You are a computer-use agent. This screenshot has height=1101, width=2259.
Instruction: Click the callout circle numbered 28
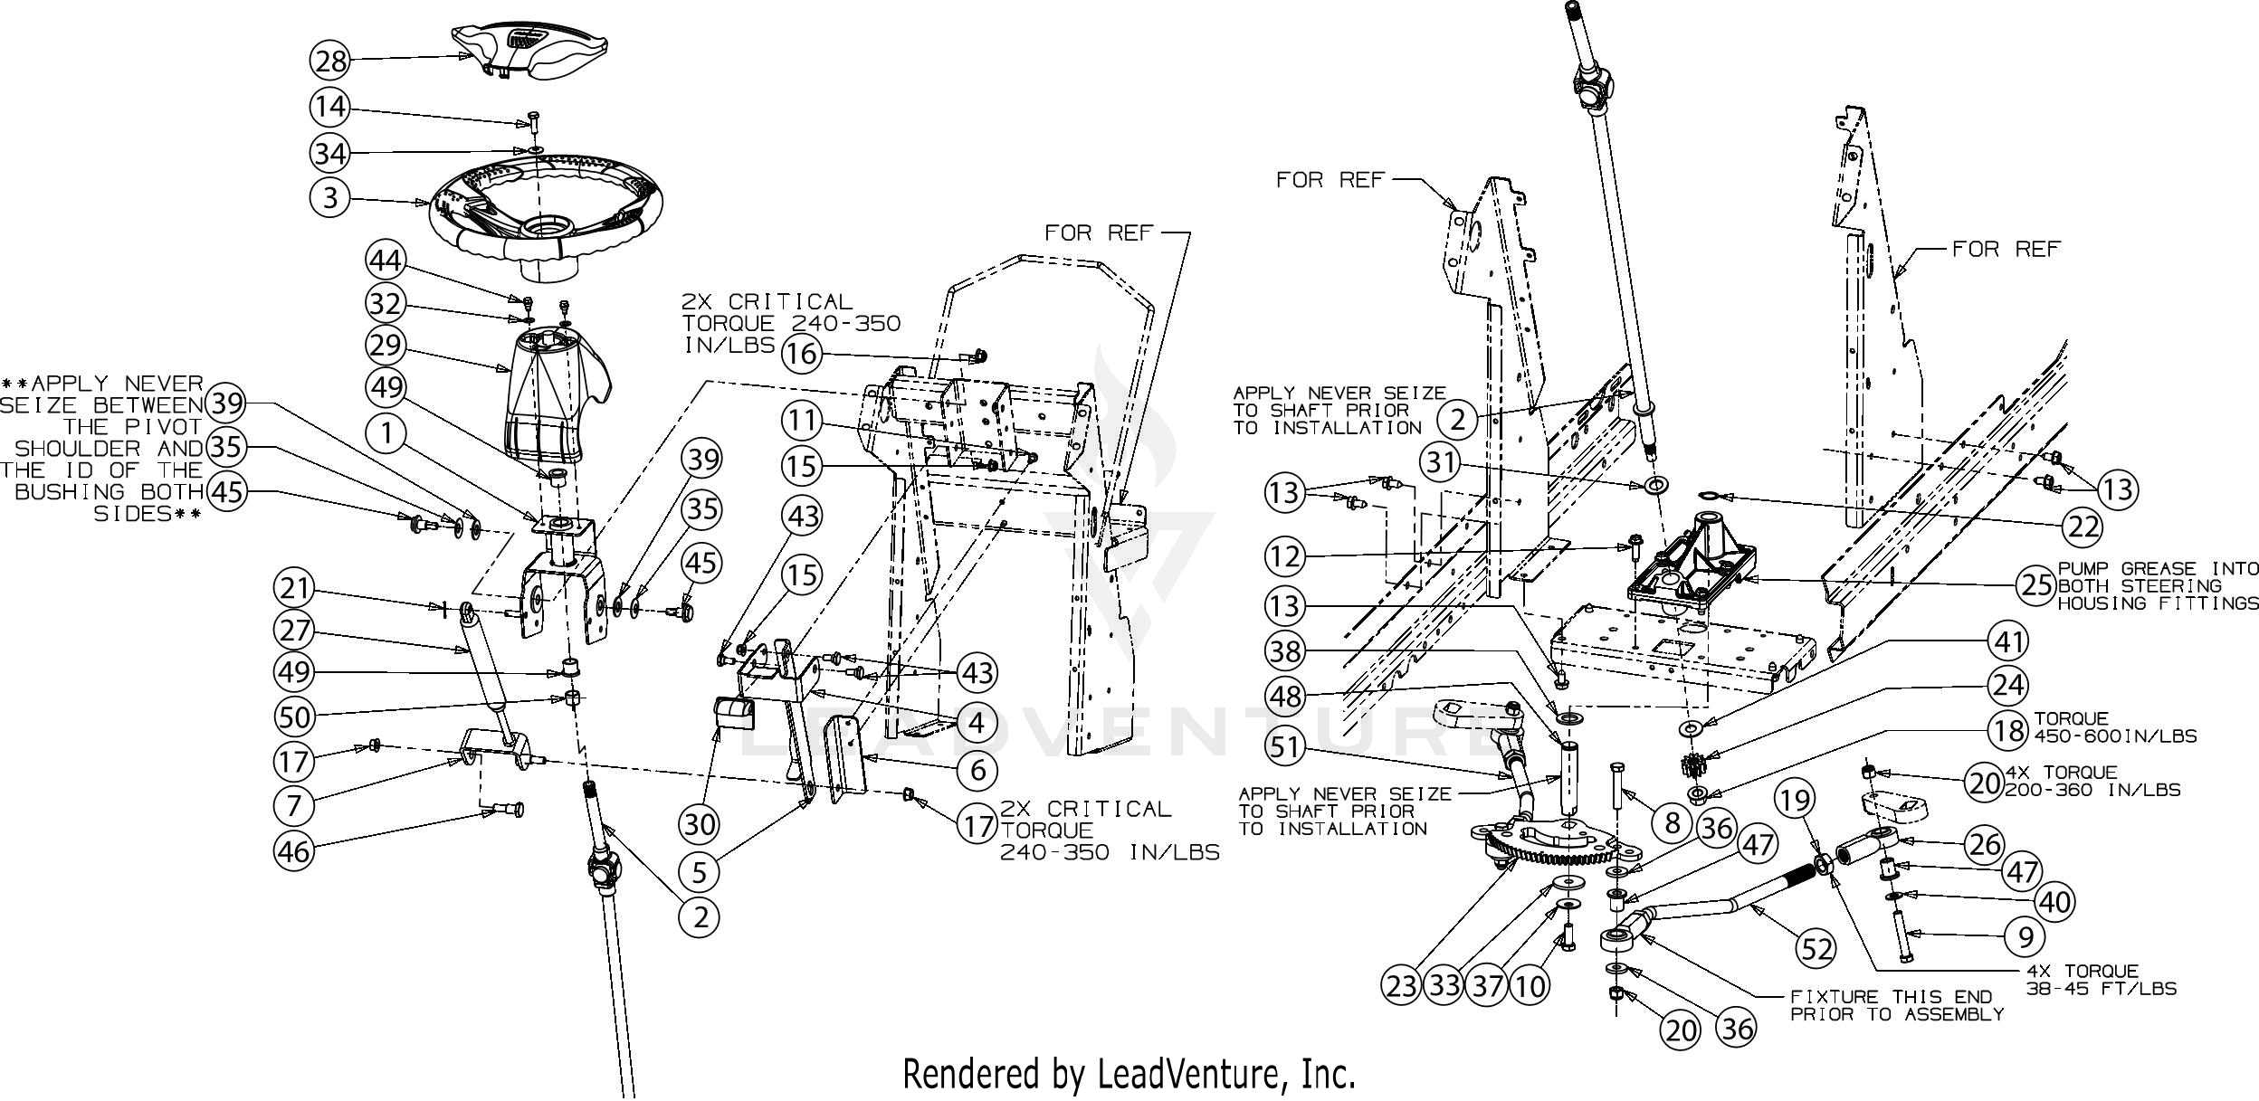(x=331, y=61)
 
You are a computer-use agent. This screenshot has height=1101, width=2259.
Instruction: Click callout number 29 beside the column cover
(x=386, y=345)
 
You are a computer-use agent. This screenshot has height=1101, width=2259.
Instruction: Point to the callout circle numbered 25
(x=2037, y=584)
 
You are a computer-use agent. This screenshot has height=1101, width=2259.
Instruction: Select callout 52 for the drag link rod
(x=1816, y=948)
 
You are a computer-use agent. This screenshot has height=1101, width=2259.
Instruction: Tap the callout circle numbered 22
(x=2083, y=526)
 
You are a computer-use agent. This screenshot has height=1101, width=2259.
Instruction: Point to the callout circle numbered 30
(x=700, y=823)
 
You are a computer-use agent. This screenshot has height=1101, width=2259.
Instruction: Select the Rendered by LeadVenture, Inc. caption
(x=1129, y=1074)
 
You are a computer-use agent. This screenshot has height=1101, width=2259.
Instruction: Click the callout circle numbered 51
(x=1286, y=747)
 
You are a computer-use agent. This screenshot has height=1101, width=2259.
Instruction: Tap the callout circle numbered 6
(x=977, y=770)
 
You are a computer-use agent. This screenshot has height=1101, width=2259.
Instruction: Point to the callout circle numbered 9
(x=2025, y=937)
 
